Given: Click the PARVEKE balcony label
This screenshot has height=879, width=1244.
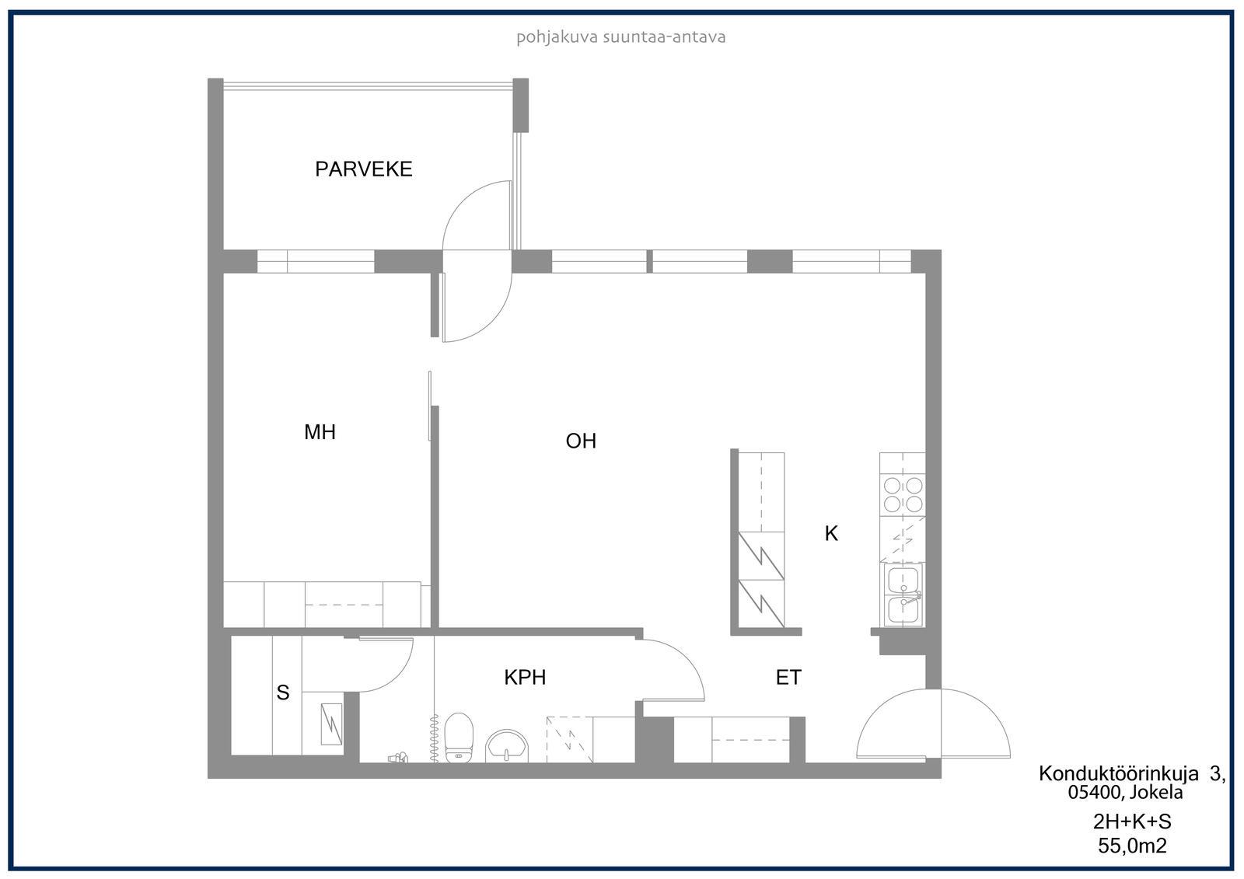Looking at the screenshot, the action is click(364, 169).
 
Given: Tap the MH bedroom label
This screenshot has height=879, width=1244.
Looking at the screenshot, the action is click(320, 432).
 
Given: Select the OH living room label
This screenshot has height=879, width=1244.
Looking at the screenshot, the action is click(581, 441).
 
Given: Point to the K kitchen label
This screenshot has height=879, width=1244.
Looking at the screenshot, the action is click(831, 534).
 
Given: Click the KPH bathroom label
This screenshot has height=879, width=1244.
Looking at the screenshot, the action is click(525, 678).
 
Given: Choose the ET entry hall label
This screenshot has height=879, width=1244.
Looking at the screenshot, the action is click(788, 678).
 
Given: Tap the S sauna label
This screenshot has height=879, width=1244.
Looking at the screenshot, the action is click(283, 692).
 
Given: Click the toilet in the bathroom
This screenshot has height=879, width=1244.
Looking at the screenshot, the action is click(459, 738).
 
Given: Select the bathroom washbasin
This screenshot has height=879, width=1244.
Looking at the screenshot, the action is click(506, 746).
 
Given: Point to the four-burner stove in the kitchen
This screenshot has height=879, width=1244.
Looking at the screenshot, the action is click(903, 495).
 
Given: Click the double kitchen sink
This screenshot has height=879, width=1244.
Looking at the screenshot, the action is click(903, 595).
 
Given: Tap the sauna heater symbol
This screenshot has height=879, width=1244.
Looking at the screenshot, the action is click(331, 724).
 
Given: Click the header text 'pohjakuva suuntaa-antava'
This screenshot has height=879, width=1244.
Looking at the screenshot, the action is click(621, 37).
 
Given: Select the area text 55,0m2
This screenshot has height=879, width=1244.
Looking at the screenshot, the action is click(1132, 846).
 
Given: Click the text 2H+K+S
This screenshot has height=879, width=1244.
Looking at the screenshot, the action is click(1132, 821).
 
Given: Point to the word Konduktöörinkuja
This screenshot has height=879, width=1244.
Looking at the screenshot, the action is click(1119, 773).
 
